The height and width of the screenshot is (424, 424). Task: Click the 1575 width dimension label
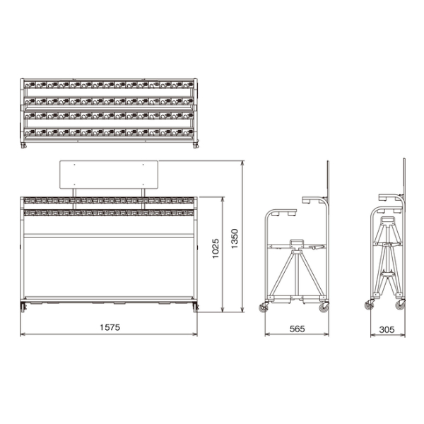coord(110,327)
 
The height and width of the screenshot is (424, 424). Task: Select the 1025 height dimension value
coord(216,248)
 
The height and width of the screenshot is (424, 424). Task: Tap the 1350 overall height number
coord(235,239)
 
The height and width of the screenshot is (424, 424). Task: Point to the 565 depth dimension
coord(297,329)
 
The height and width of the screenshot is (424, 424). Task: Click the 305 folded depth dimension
coord(387,329)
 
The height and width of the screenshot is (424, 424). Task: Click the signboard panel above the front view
coord(109,175)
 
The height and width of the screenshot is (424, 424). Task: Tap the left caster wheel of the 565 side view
coord(263,307)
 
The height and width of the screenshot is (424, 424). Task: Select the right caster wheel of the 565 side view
coord(324,307)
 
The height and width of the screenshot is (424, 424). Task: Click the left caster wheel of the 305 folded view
coord(369,305)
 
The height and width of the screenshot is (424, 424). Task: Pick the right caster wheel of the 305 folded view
coord(400,305)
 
